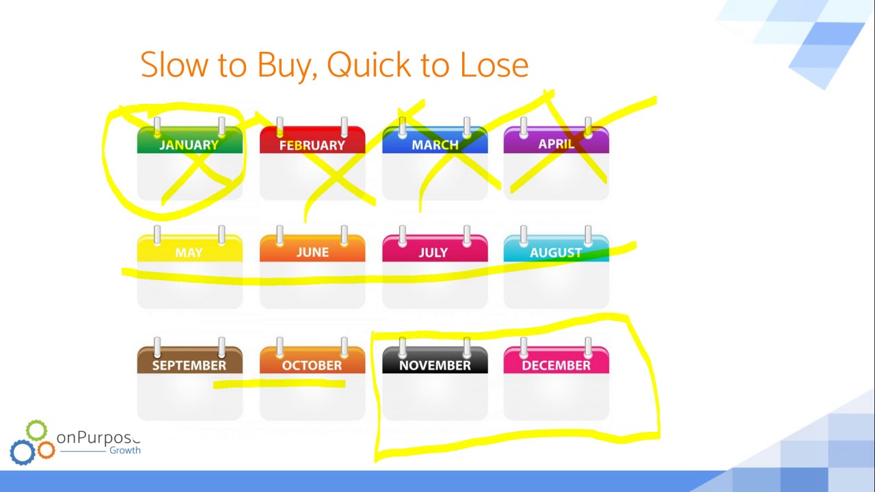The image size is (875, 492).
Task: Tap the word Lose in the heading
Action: click(494, 65)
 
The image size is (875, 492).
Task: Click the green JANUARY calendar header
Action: click(189, 144)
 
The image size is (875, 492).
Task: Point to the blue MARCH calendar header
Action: click(435, 144)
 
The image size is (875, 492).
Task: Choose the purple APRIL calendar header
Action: click(556, 143)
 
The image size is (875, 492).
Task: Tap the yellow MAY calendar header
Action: click(189, 252)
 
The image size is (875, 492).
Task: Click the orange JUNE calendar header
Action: click(312, 252)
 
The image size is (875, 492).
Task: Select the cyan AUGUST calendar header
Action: click(556, 252)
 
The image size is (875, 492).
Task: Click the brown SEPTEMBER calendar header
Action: click(189, 365)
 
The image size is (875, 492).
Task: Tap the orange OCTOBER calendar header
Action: click(312, 365)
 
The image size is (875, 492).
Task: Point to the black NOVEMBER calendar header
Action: click(435, 365)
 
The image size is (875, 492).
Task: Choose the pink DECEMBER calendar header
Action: click(556, 365)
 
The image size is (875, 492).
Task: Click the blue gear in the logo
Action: click(22, 452)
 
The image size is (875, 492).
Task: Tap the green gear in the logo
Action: click(36, 431)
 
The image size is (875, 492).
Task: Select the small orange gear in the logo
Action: click(46, 450)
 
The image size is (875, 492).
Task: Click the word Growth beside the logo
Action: click(124, 450)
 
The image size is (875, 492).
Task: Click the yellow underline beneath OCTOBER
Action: click(280, 385)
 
